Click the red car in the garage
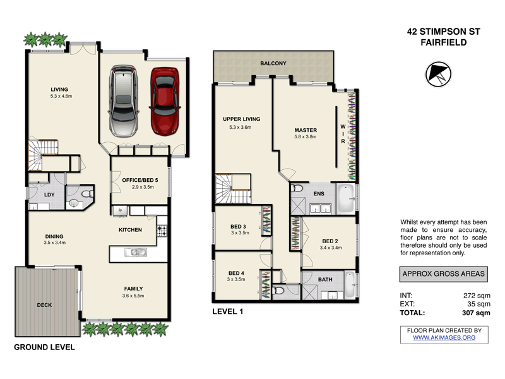click(x=165, y=101)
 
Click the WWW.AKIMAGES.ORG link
click(x=444, y=338)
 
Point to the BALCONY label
click(x=273, y=63)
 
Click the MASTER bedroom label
click(x=305, y=130)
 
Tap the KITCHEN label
click(x=130, y=229)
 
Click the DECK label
click(x=44, y=306)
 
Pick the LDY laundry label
click(x=49, y=195)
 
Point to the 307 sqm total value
click(x=475, y=313)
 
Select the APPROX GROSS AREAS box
click(x=444, y=274)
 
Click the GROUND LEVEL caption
click(x=44, y=347)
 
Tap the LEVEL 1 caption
click(x=227, y=311)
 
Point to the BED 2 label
click(x=331, y=241)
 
